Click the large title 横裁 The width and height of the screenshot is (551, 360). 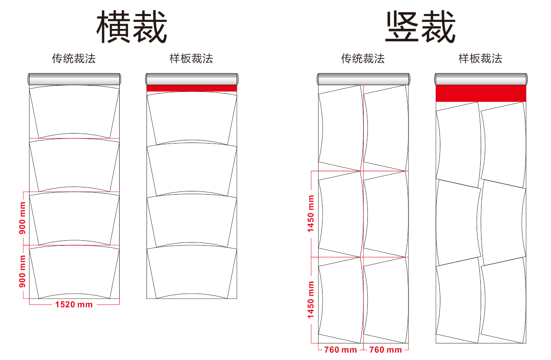tap(132, 27)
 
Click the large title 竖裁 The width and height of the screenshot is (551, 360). tap(420, 27)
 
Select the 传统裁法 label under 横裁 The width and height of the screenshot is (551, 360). tap(74, 58)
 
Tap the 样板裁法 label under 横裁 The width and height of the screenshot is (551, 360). tap(191, 58)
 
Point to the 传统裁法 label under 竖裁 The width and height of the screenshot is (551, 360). tap(363, 58)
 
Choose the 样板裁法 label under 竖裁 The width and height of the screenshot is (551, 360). tap(480, 58)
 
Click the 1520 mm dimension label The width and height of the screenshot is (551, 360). tap(74, 304)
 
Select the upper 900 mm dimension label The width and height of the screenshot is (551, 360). tap(22, 218)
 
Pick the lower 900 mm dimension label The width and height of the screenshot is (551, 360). tap(22, 271)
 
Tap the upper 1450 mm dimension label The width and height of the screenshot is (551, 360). tap(311, 213)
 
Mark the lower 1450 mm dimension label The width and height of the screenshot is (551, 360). tap(311, 299)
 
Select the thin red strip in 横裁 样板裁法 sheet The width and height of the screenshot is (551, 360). tap(192, 88)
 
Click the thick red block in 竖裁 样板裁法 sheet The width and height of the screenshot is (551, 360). tap(481, 93)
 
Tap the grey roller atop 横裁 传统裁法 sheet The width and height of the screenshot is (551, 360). tap(74, 79)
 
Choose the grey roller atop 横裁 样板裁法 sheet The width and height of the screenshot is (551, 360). tap(192, 79)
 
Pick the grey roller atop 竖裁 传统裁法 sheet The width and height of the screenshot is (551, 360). tap(363, 79)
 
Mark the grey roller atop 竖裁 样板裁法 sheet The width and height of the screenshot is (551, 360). tap(481, 79)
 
